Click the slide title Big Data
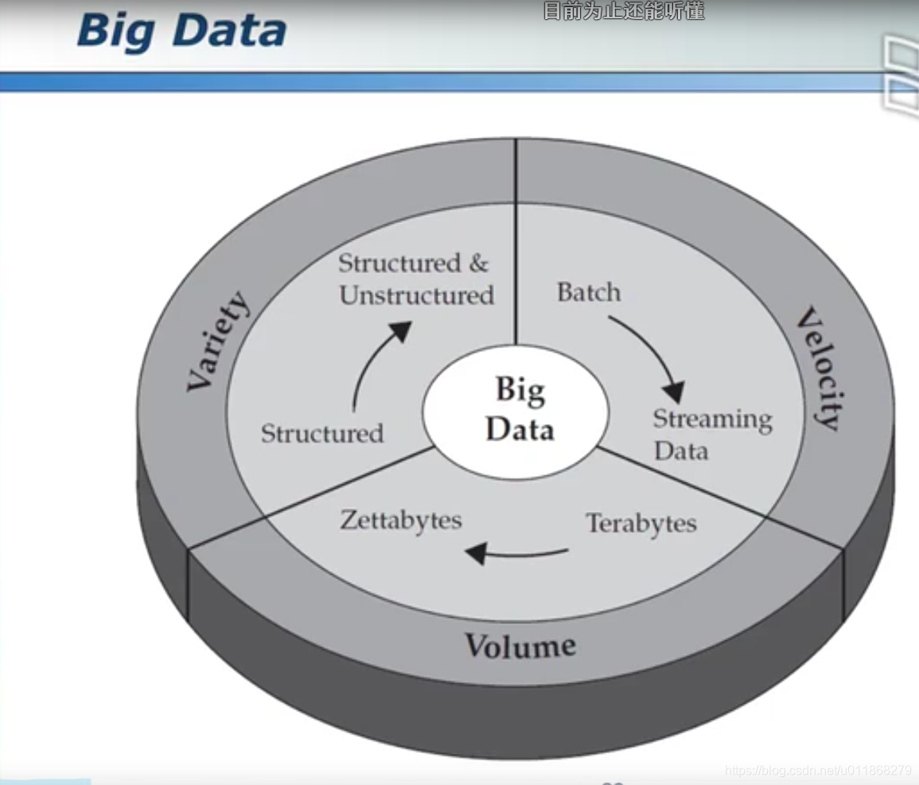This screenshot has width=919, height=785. tap(181, 32)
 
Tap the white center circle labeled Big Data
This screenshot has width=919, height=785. tap(516, 411)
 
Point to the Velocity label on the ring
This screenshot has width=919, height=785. tap(819, 369)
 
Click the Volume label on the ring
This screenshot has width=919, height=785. tap(520, 645)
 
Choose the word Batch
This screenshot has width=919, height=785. tap(589, 292)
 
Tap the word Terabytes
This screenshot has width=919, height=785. tap(641, 523)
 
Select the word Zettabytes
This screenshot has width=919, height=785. tap(401, 520)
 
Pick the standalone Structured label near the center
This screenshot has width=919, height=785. tap(322, 433)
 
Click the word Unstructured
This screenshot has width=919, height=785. tap(416, 295)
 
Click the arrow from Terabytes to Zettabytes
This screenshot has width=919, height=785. tap(516, 552)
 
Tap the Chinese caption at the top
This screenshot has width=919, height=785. tap(624, 11)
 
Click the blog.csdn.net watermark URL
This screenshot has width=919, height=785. tap(819, 770)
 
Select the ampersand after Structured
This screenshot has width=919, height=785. tap(478, 263)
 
